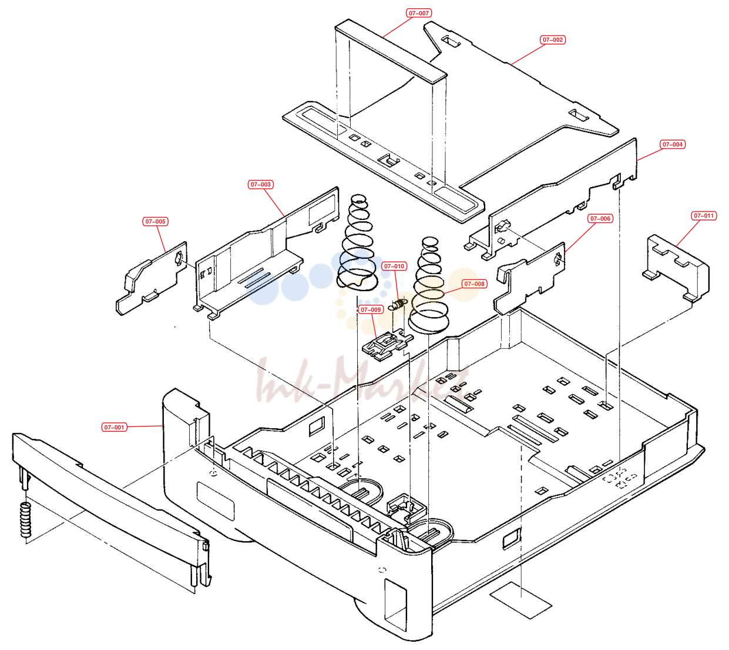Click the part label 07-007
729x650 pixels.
[419, 14]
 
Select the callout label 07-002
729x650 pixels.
[552, 39]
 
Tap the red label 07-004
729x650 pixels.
[673, 145]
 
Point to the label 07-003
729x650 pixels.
[260, 185]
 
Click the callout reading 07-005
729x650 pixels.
[156, 222]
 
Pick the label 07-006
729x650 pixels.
[600, 218]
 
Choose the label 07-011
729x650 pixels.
[704, 216]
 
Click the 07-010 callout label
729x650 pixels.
[394, 266]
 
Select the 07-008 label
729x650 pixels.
[474, 284]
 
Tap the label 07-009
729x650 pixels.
[371, 310]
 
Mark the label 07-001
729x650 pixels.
[114, 427]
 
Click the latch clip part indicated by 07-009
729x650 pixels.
[387, 345]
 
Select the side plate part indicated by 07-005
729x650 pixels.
[151, 278]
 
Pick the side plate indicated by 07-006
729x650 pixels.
[529, 278]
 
